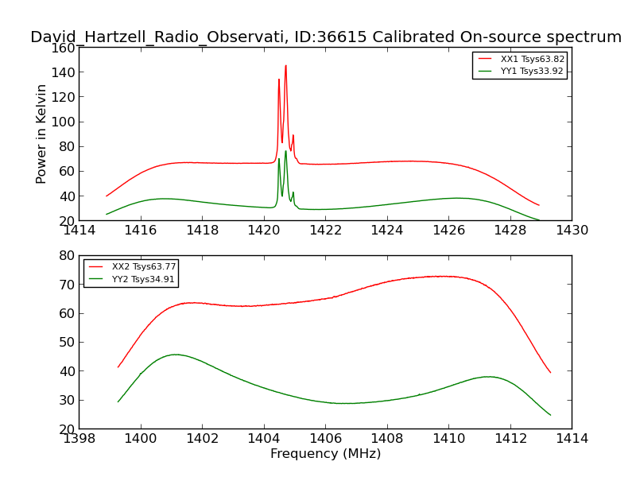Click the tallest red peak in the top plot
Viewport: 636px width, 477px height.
pos(285,67)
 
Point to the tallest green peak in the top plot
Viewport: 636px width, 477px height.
pos(285,152)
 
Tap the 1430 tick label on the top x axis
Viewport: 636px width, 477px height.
pos(572,231)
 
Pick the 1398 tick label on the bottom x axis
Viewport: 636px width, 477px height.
pos(79,438)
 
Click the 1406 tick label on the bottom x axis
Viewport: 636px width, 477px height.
pos(325,438)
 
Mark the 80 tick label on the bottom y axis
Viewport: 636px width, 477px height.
pos(66,256)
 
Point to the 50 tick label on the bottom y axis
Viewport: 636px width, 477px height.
pos(66,343)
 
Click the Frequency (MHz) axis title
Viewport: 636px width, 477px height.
pos(325,454)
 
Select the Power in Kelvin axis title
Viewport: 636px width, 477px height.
pos(42,134)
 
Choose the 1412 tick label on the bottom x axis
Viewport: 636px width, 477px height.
pos(510,438)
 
